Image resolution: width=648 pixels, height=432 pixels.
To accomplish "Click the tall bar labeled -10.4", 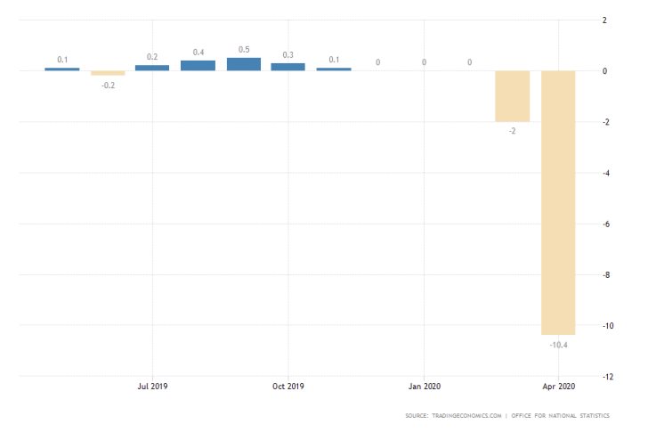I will [558, 202].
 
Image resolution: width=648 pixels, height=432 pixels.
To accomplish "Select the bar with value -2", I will [513, 96].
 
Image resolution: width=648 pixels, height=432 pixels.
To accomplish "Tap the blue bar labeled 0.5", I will [244, 64].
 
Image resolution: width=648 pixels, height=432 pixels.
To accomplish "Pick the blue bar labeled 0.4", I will [198, 65].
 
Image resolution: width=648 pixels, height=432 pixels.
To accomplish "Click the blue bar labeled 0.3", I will [288, 67].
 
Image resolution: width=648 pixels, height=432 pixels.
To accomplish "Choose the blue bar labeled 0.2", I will [152, 68].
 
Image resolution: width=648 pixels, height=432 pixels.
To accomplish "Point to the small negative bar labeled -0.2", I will [108, 73].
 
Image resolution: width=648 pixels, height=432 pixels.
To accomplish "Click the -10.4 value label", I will [558, 345].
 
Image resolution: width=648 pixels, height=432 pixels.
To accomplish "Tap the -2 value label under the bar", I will [513, 131].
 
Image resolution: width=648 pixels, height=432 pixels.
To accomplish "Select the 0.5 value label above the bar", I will [244, 49].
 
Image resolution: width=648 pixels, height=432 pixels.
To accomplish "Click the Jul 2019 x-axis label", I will [152, 387].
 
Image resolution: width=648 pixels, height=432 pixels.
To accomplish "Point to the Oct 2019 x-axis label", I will [288, 387].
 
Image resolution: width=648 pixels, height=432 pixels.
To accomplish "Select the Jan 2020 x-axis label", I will [424, 387].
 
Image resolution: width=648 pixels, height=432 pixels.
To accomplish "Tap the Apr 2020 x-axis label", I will [559, 387].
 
